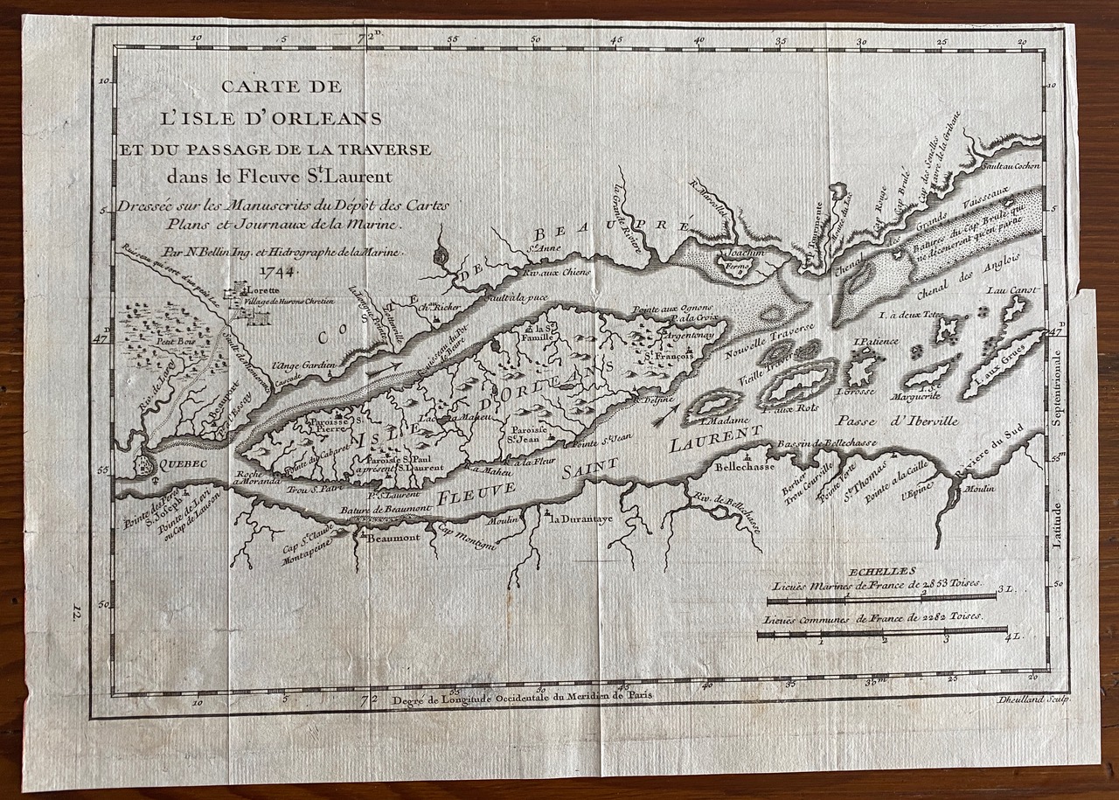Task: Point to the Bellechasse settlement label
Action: pyautogui.click(x=740, y=468)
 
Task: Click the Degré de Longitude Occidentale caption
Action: pyautogui.click(x=518, y=698)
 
